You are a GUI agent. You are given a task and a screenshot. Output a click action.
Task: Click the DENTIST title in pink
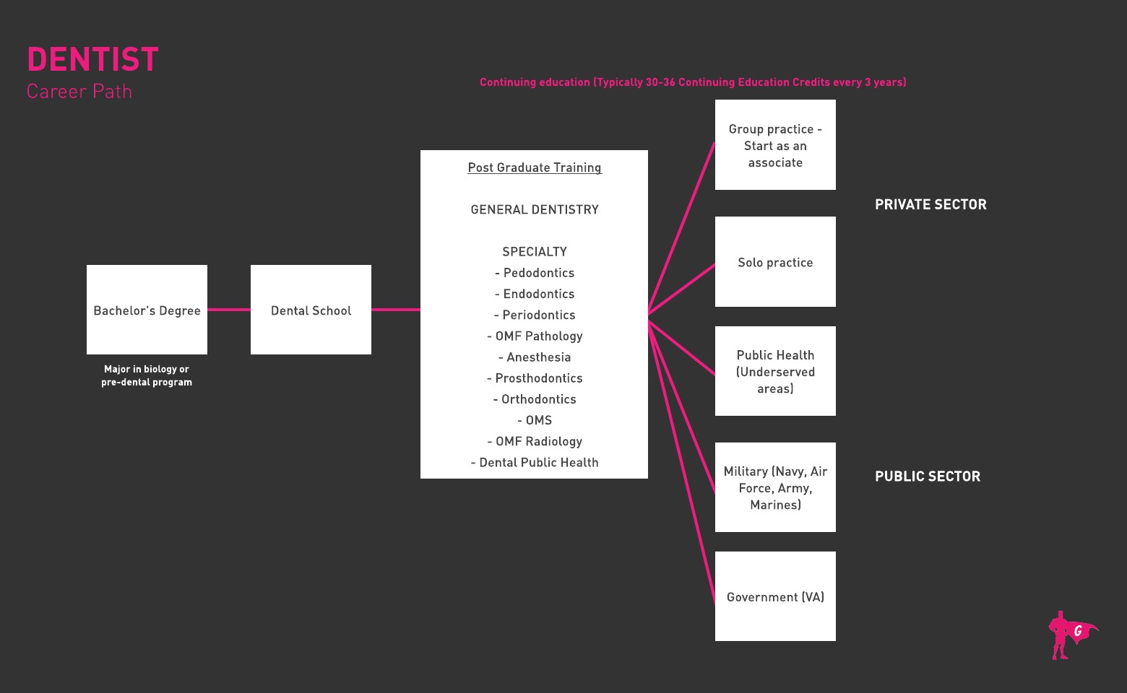(x=92, y=60)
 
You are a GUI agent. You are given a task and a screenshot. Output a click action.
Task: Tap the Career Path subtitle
(x=79, y=92)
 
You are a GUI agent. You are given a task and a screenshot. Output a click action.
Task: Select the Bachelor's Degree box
(x=147, y=310)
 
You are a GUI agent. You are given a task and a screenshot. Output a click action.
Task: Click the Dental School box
(x=311, y=310)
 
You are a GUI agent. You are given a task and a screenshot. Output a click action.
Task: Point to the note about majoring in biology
(x=147, y=375)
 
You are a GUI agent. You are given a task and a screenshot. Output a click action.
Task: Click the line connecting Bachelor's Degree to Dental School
(x=229, y=310)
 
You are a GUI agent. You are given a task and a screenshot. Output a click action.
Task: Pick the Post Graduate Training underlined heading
(x=535, y=167)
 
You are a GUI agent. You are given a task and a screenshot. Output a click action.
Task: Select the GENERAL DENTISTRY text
(x=535, y=210)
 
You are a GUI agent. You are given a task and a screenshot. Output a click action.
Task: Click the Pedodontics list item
(x=535, y=273)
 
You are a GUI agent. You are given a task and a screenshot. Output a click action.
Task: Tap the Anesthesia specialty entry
(x=535, y=357)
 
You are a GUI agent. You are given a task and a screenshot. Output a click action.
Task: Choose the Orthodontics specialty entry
(x=535, y=399)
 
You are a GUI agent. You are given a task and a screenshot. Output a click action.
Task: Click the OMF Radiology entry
(x=535, y=442)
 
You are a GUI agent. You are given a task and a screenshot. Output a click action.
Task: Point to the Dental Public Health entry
(x=535, y=463)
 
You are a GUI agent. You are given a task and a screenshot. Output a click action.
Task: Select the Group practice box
(x=775, y=145)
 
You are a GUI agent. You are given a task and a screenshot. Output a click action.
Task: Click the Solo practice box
(x=775, y=262)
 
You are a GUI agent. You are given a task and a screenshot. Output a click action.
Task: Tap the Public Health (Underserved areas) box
(x=775, y=371)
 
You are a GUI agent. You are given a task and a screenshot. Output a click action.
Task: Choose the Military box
(x=775, y=487)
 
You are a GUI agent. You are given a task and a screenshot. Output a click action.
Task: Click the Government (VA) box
(x=775, y=596)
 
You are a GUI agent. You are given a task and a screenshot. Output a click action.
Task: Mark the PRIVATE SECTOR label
(x=930, y=205)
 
